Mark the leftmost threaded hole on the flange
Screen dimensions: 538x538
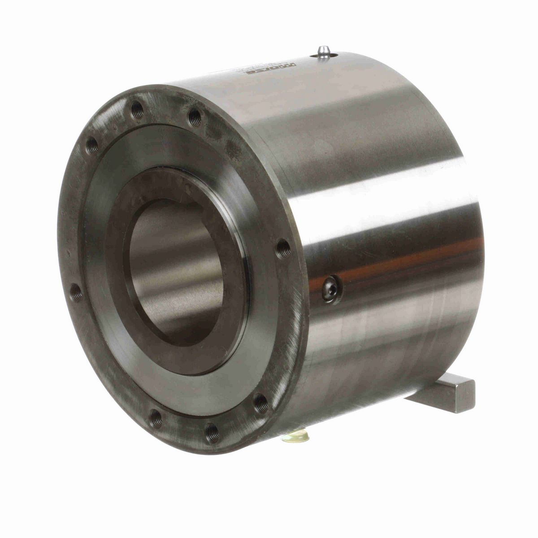click(x=76, y=293)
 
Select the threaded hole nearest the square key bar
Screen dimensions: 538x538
click(x=261, y=403)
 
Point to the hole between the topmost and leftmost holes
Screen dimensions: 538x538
click(x=92, y=144)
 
